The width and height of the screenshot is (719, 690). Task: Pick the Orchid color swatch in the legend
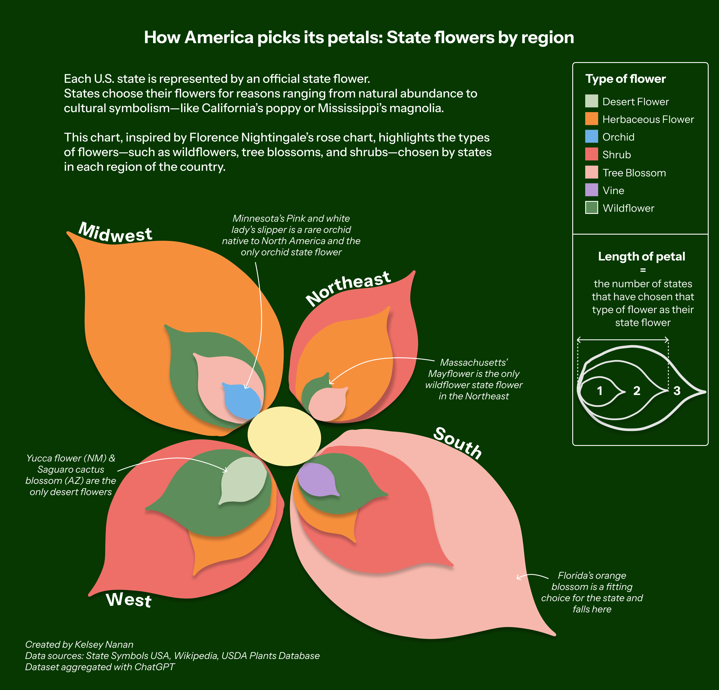(x=591, y=136)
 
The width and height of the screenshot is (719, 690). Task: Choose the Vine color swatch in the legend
(x=591, y=190)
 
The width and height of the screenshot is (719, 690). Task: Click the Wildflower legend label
(x=628, y=208)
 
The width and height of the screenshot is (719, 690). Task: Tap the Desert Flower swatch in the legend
(x=591, y=101)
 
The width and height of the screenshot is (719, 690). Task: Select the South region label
(x=457, y=443)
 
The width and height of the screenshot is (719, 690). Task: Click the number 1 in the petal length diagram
(x=599, y=391)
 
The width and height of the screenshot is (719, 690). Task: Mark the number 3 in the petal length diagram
(x=677, y=391)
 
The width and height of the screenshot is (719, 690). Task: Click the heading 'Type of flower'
(x=625, y=79)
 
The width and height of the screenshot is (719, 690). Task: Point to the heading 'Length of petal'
(x=641, y=256)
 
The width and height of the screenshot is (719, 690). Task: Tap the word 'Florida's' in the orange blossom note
(x=573, y=576)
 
